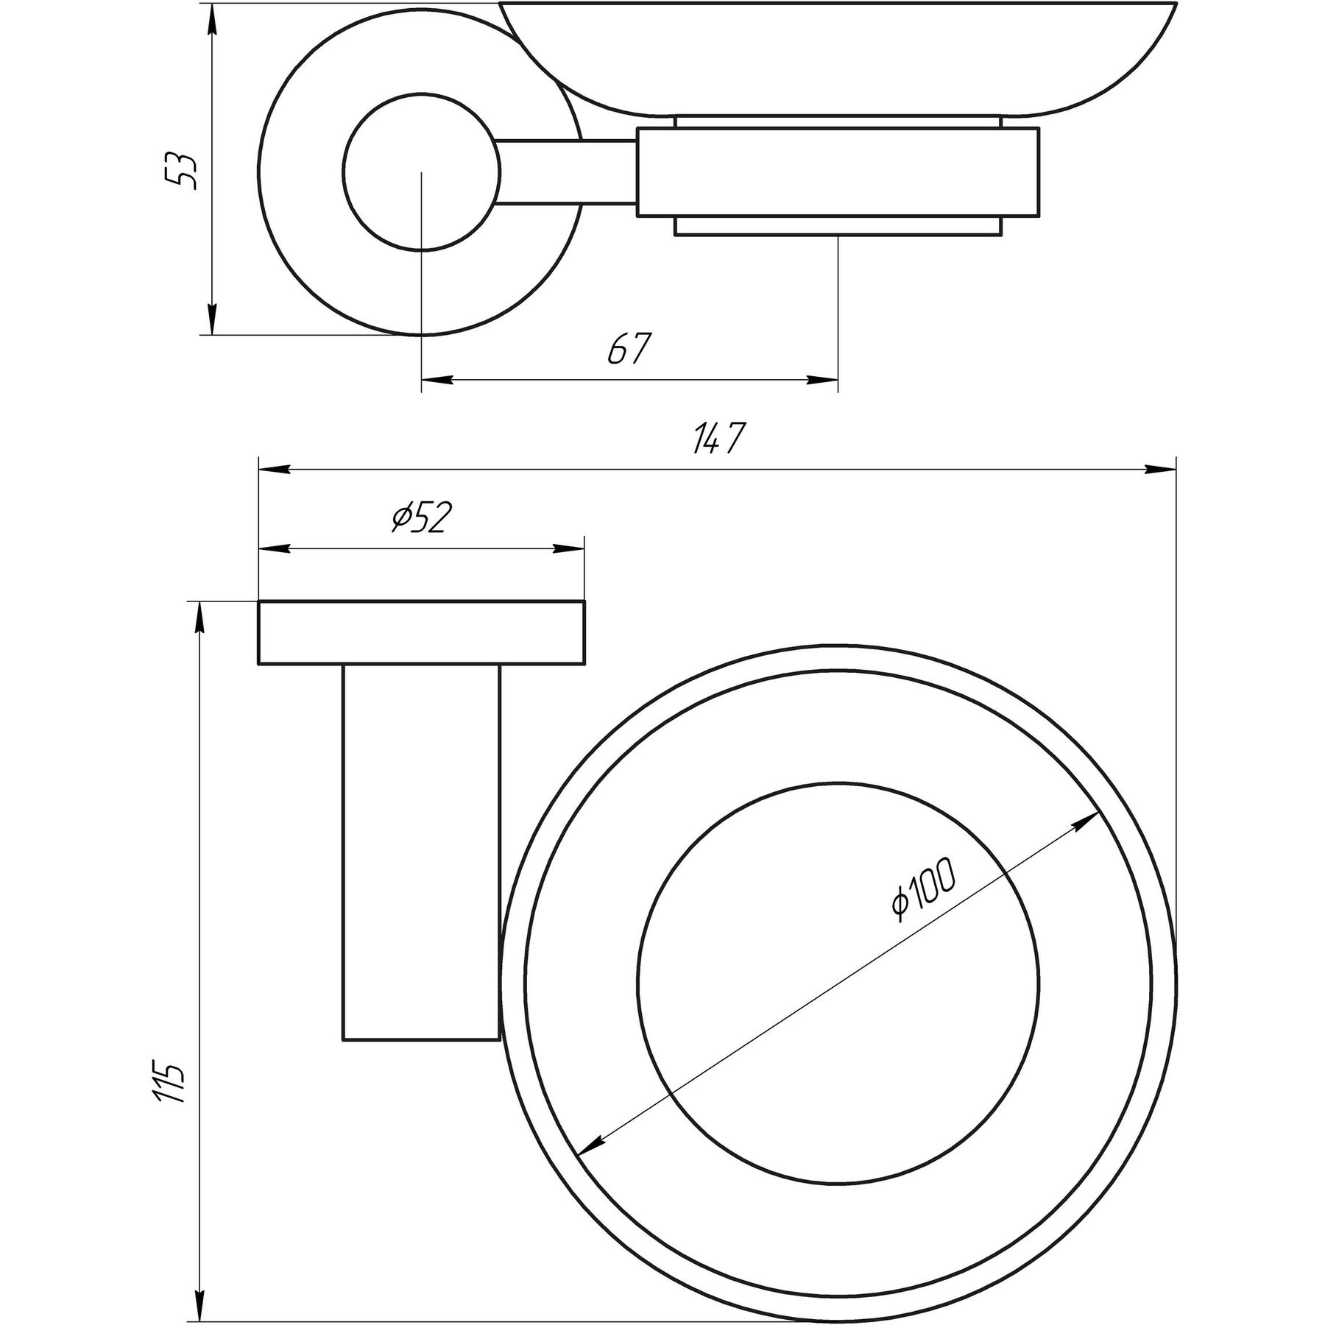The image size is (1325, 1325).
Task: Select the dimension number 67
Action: pyautogui.click(x=631, y=349)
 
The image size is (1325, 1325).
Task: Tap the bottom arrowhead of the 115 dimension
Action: pyautogui.click(x=199, y=1288)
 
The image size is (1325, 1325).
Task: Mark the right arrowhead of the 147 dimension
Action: pyautogui.click(x=1159, y=468)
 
